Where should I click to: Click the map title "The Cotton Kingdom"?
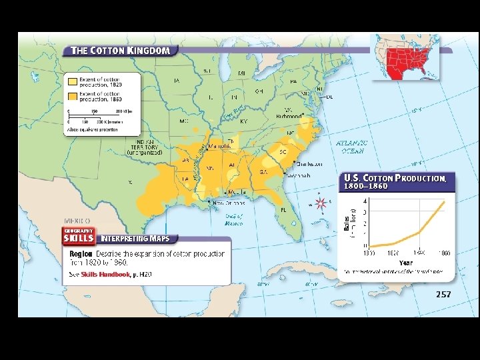tap(121, 50)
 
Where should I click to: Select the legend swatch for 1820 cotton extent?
tap(73, 82)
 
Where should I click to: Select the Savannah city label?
tap(298, 176)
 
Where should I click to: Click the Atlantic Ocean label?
tap(351, 147)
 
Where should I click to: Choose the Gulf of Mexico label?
tap(234, 219)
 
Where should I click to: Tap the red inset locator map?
tap(405, 56)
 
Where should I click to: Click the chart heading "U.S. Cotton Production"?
tap(395, 179)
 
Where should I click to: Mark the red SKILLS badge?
tap(78, 237)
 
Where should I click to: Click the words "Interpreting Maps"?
tap(135, 238)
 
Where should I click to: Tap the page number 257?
tap(443, 294)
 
